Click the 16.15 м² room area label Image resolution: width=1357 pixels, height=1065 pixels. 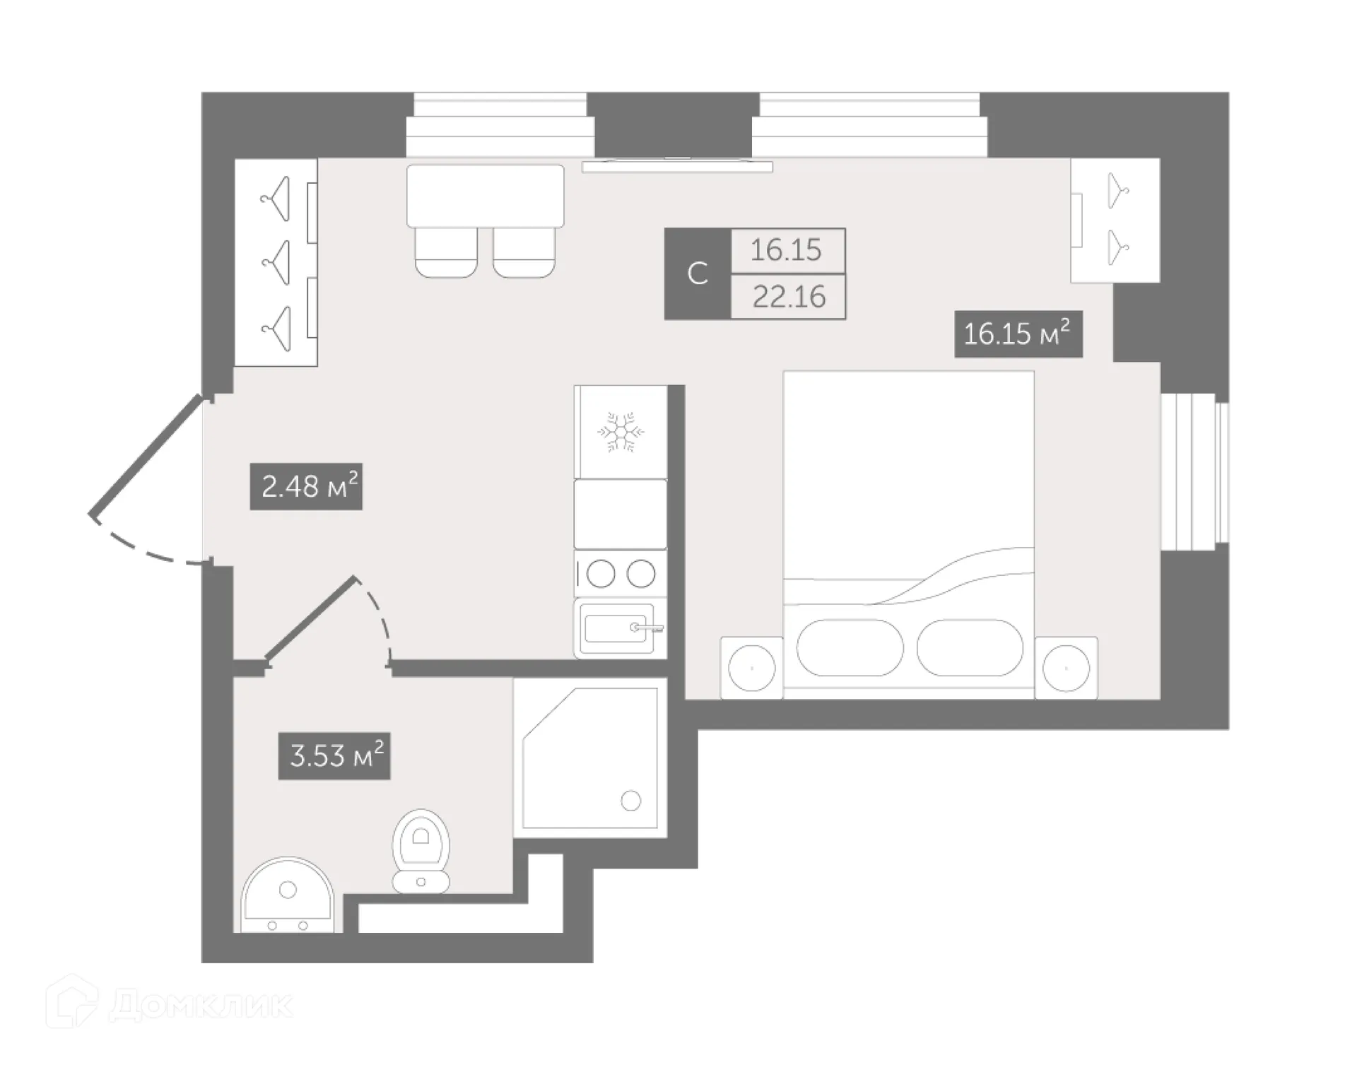[1018, 334]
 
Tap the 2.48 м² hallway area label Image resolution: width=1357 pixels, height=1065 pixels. [306, 486]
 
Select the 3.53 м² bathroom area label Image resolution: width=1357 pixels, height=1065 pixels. [334, 756]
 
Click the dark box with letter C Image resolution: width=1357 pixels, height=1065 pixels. [698, 273]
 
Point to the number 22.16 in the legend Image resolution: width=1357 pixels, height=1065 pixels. [788, 297]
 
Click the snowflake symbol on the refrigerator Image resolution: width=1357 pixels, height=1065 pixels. [621, 432]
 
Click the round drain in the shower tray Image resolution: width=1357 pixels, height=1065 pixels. [630, 801]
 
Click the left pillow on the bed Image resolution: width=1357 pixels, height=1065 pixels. [850, 648]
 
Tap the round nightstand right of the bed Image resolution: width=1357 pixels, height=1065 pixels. [1066, 668]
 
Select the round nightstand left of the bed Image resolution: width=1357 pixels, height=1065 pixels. [752, 668]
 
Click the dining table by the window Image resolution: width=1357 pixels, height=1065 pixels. [485, 195]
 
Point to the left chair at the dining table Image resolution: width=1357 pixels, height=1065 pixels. [446, 252]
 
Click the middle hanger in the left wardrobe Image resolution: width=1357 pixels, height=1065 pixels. [277, 263]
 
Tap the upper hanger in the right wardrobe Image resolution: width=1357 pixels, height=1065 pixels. [1117, 191]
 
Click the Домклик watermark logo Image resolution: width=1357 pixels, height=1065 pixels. [170, 1005]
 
